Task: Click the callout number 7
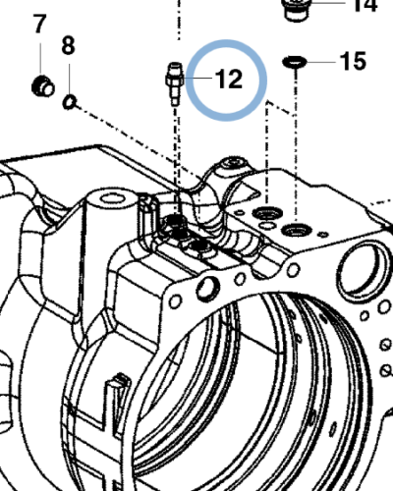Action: pyautogui.click(x=39, y=24)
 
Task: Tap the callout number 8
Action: pyautogui.click(x=68, y=45)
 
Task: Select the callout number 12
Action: pyautogui.click(x=229, y=80)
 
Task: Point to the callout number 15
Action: pyautogui.click(x=353, y=61)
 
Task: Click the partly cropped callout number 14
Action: pyautogui.click(x=365, y=5)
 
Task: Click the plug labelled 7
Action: pyautogui.click(x=43, y=86)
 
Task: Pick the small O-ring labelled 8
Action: pyautogui.click(x=70, y=102)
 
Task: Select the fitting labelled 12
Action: pyautogui.click(x=175, y=83)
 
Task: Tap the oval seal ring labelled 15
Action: pyautogui.click(x=295, y=61)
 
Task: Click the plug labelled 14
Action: pyautogui.click(x=296, y=10)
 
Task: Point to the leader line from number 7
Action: pyautogui.click(x=40, y=58)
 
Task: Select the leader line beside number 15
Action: pyautogui.click(x=321, y=61)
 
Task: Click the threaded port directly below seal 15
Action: pyautogui.click(x=295, y=230)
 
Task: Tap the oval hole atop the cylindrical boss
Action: pyautogui.click(x=112, y=198)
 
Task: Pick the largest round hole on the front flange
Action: pyautogui.click(x=208, y=288)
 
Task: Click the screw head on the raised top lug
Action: pyautogui.click(x=233, y=164)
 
